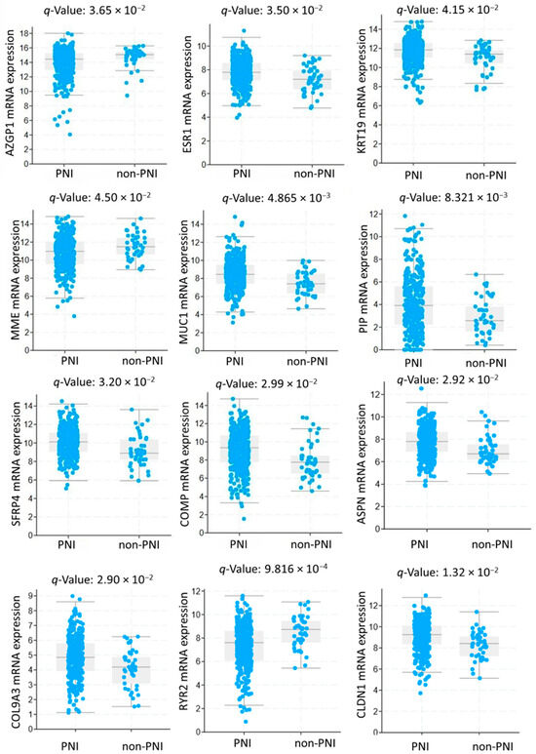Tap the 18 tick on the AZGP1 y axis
[x=26, y=33]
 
